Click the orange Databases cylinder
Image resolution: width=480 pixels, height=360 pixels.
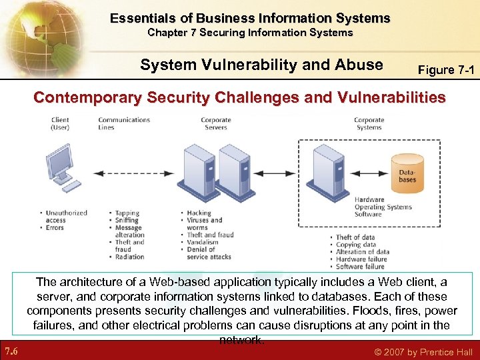pos(406,175)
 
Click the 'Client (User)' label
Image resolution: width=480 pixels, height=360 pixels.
pos(60,124)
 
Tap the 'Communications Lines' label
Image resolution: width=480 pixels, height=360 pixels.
pos(124,124)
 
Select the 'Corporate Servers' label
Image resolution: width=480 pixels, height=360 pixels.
pos(216,124)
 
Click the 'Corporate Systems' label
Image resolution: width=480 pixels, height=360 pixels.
pos(369,124)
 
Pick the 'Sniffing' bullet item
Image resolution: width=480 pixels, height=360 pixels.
pos(127,221)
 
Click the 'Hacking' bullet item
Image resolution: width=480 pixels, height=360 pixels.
pos(199,213)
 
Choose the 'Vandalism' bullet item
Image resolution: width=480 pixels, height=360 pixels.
pos(203,243)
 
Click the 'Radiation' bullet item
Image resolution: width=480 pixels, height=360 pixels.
pos(129,257)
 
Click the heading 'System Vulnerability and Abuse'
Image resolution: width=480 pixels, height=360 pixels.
pos(261,65)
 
